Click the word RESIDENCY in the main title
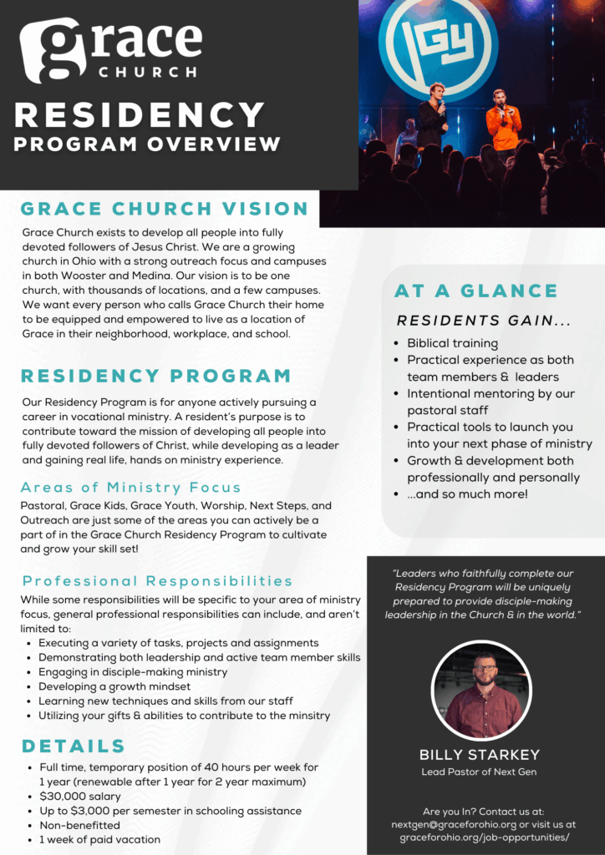(140, 115)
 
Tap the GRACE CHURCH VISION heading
(165, 209)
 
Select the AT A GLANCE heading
(475, 291)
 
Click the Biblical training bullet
(452, 343)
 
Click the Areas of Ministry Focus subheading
(131, 488)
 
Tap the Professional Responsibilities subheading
(158, 581)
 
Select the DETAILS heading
(74, 746)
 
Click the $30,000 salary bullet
(80, 797)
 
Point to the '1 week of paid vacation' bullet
(99, 839)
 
